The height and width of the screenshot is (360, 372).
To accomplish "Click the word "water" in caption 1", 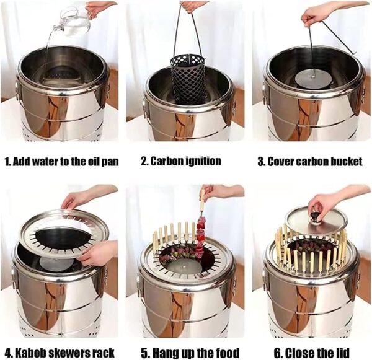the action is coord(45,162).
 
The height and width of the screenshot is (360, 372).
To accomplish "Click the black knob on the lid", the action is coord(316,217).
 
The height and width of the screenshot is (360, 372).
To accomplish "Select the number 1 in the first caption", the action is coord(7,162).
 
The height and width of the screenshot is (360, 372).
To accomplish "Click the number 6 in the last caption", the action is coord(278,353).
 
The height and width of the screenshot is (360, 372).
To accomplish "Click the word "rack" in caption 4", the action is coord(104,353).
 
